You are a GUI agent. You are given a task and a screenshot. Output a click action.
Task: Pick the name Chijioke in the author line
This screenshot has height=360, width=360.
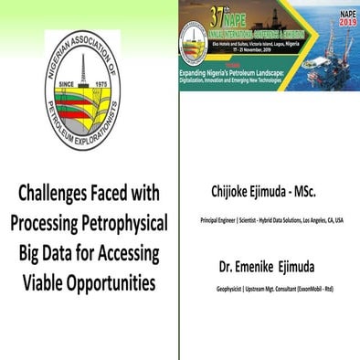tap(233, 193)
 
